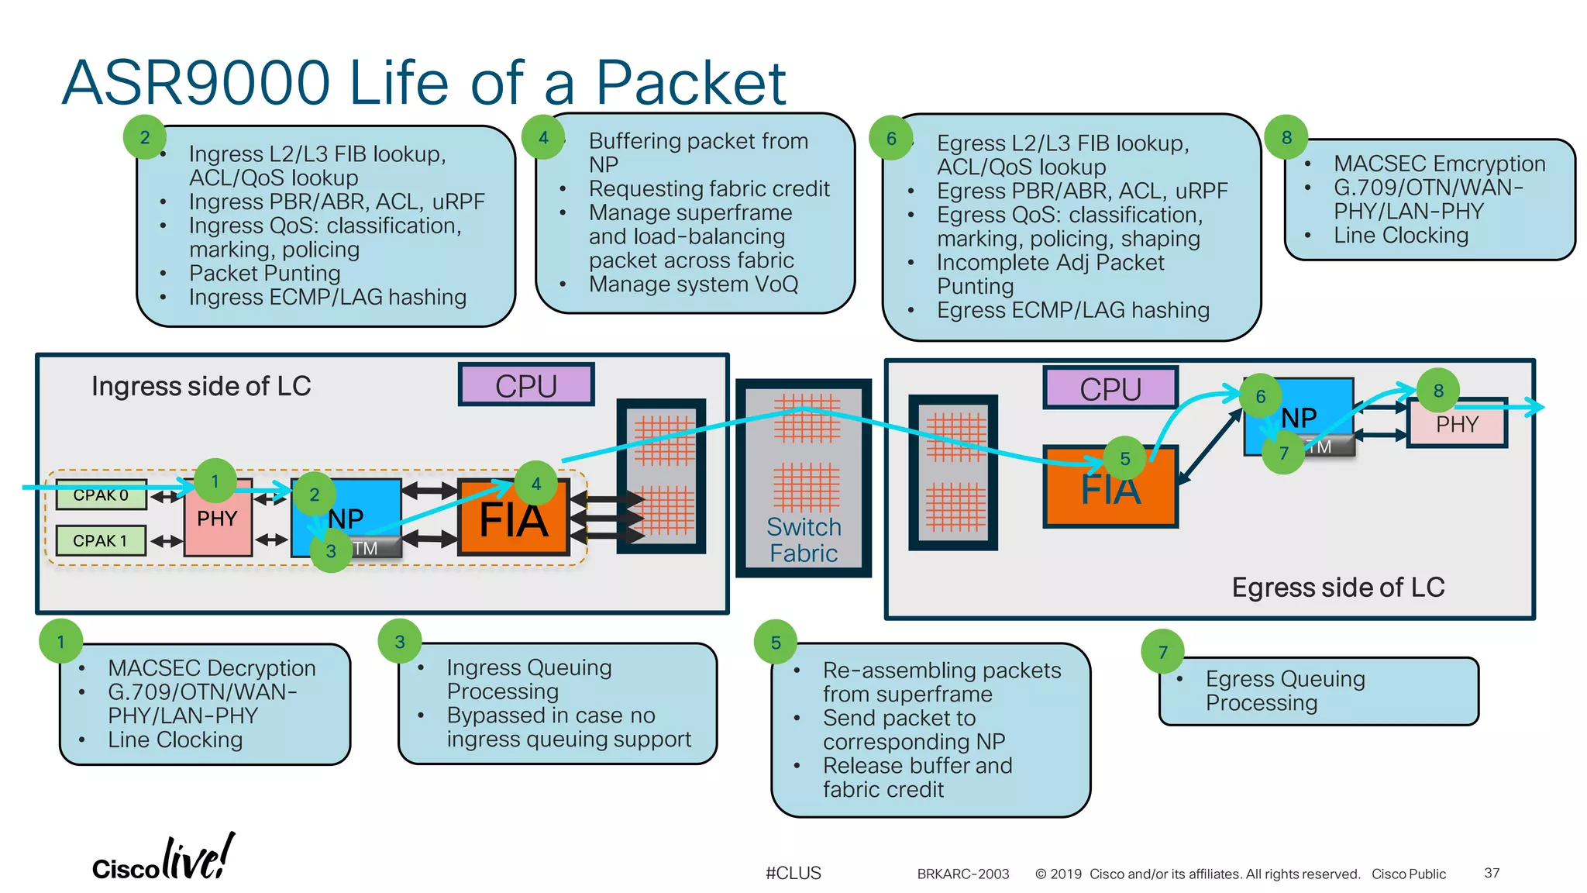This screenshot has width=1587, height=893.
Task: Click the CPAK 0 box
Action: point(101,495)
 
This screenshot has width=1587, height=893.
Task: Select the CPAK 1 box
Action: point(101,540)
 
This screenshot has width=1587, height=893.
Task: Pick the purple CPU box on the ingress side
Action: point(526,385)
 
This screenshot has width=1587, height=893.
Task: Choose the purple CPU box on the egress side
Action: point(1110,388)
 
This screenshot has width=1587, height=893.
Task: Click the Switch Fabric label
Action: point(804,540)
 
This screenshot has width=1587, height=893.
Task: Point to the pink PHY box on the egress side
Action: point(1457,425)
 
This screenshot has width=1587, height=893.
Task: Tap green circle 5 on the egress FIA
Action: point(1125,459)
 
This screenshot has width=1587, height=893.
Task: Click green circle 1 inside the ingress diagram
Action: point(215,481)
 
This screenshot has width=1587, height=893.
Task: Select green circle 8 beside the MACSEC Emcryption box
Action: point(1286,137)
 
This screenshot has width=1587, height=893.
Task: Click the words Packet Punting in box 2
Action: point(264,274)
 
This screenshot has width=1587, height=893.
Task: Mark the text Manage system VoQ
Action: point(693,284)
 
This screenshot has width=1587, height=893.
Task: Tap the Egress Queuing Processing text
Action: point(1284,691)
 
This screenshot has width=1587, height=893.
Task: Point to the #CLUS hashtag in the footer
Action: point(793,873)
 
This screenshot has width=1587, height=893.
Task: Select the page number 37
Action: point(1492,873)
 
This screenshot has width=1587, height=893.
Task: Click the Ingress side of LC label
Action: point(201,386)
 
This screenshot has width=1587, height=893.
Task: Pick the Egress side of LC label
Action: point(1337,588)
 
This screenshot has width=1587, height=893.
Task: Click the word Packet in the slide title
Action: point(690,83)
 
